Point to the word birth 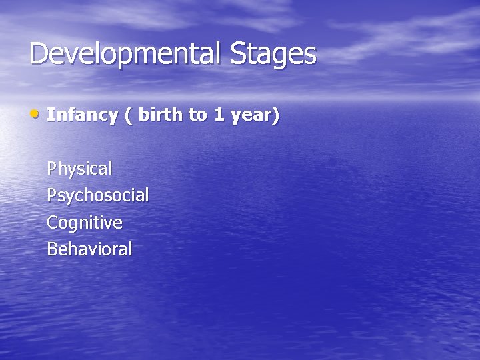[x=163, y=115]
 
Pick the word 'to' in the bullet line [x=198, y=115]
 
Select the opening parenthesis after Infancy [x=128, y=115]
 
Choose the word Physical [x=79, y=169]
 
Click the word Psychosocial [x=97, y=196]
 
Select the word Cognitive [x=84, y=223]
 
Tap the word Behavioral [x=89, y=249]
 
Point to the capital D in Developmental [x=38, y=54]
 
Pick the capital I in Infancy [x=50, y=115]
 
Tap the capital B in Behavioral [x=52, y=249]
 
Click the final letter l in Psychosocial [x=147, y=195]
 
